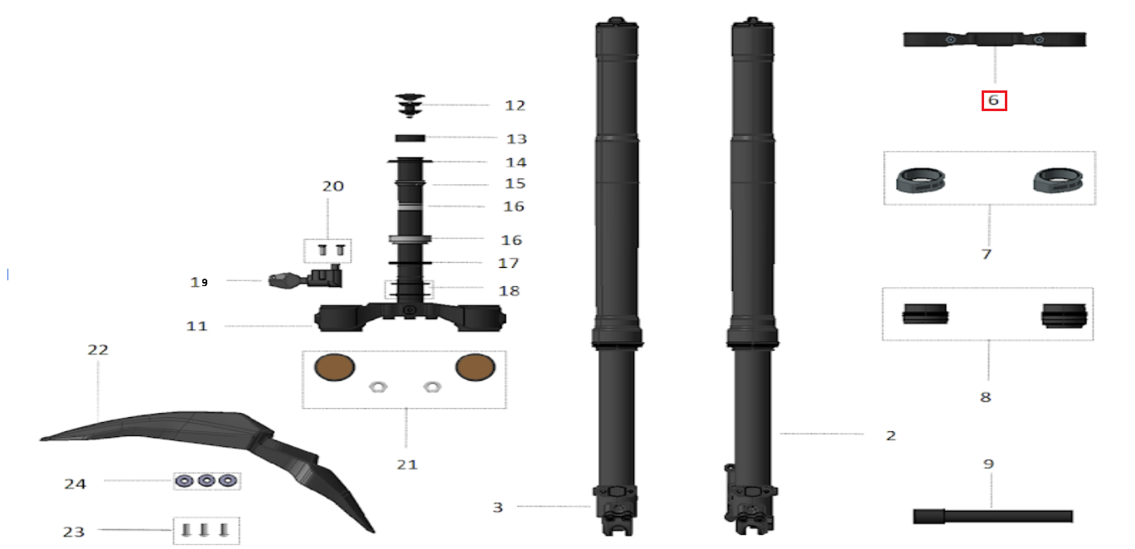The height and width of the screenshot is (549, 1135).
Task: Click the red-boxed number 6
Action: click(994, 100)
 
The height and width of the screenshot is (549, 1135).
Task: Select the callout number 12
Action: click(515, 105)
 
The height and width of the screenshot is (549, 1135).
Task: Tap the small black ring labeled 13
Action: click(410, 138)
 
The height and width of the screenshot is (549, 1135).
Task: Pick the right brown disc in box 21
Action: click(474, 367)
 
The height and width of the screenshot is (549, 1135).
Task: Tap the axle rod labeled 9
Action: click(992, 516)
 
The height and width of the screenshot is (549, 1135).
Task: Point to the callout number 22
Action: click(98, 350)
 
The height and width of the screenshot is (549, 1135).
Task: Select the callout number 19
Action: click(199, 282)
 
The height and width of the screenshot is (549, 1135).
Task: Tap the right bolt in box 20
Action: click(339, 250)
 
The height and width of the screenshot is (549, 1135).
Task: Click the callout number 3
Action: click(497, 507)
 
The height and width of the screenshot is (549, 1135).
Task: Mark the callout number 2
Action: click(890, 435)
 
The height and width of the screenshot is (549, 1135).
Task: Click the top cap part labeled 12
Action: click(410, 104)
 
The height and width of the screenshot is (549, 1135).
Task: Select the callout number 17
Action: click(508, 263)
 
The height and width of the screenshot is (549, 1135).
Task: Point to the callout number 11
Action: click(196, 326)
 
